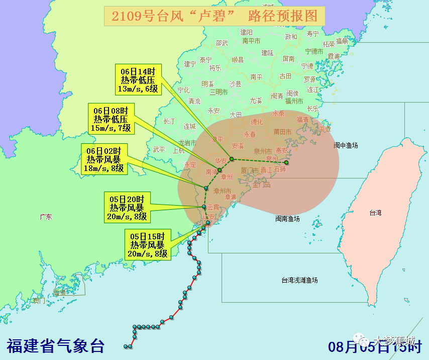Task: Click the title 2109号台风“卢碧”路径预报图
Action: (x=214, y=16)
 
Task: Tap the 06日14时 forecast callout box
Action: (x=138, y=79)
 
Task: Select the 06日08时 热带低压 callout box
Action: (x=112, y=119)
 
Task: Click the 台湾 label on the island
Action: (x=375, y=213)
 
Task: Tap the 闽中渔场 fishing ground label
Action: (x=346, y=145)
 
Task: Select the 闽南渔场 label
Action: (x=287, y=219)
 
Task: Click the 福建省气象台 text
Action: (x=56, y=346)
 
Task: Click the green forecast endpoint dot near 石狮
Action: (x=286, y=162)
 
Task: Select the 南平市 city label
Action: (x=251, y=41)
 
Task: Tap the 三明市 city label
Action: (x=219, y=92)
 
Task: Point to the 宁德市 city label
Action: (x=314, y=51)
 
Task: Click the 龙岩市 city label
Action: (x=190, y=143)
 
